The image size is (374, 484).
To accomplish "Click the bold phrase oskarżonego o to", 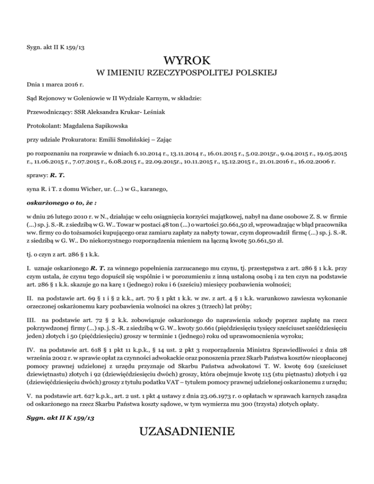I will pyautogui.click(x=52, y=200).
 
